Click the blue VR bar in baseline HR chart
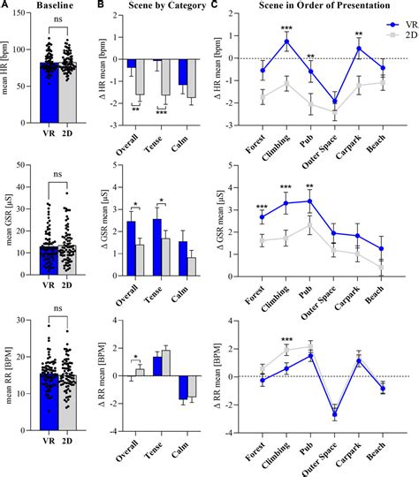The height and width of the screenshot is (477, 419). [x=57, y=97]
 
